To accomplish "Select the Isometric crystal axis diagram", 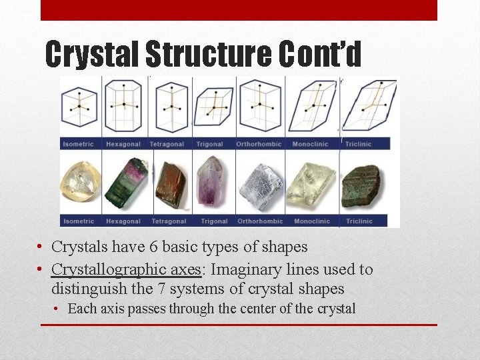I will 79,105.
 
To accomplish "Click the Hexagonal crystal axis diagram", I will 122,105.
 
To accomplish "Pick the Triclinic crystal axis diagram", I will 370,105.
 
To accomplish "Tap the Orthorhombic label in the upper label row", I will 259,144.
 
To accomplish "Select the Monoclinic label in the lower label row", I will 311,221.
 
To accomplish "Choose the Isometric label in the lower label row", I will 79,221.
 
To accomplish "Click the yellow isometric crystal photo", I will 80,181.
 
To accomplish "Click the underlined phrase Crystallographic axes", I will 126,270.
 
